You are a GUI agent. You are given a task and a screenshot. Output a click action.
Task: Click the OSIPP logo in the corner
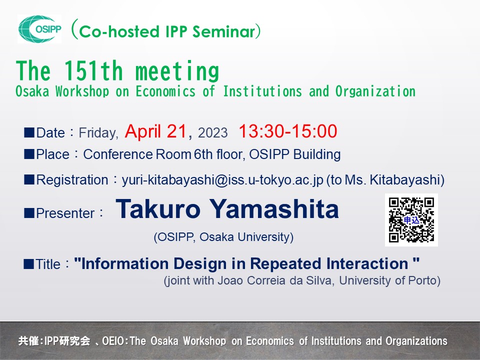[x=40, y=29]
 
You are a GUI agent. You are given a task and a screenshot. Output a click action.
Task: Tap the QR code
[x=411, y=219]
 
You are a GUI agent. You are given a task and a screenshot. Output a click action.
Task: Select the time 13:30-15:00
[x=287, y=131]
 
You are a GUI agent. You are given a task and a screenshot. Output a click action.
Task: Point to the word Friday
[x=98, y=133]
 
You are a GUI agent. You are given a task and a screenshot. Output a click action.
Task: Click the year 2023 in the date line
[x=212, y=133]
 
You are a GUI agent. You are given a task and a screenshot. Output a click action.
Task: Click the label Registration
[x=71, y=180]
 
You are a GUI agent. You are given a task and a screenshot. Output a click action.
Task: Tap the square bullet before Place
[x=29, y=154]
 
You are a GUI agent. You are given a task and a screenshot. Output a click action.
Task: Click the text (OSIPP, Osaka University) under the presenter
[x=223, y=237]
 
